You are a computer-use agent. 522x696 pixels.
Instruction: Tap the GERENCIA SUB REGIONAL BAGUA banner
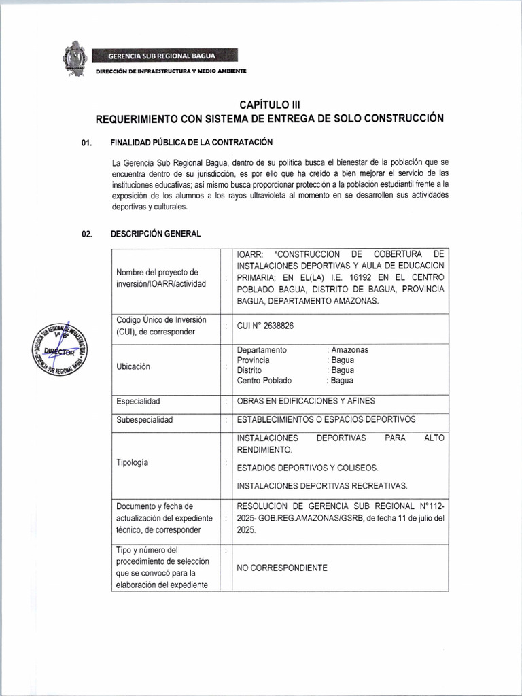(166, 55)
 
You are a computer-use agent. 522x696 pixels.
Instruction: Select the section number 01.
(86, 143)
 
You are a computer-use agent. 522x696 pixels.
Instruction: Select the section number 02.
(86, 234)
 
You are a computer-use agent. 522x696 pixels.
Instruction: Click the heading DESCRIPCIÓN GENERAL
(156, 234)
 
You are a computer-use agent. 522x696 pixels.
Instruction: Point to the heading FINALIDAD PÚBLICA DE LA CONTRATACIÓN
(181, 143)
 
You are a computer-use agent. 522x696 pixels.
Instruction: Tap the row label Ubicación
(133, 366)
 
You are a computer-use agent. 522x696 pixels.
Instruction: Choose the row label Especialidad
(139, 401)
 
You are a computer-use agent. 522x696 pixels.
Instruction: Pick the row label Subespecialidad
(145, 419)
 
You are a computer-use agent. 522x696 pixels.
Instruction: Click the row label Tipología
(133, 462)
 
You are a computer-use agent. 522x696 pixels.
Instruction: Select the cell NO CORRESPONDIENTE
(281, 568)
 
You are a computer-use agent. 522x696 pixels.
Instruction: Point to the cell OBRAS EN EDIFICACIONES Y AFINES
(305, 401)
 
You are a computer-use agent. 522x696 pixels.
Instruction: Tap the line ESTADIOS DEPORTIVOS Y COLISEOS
(307, 468)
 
